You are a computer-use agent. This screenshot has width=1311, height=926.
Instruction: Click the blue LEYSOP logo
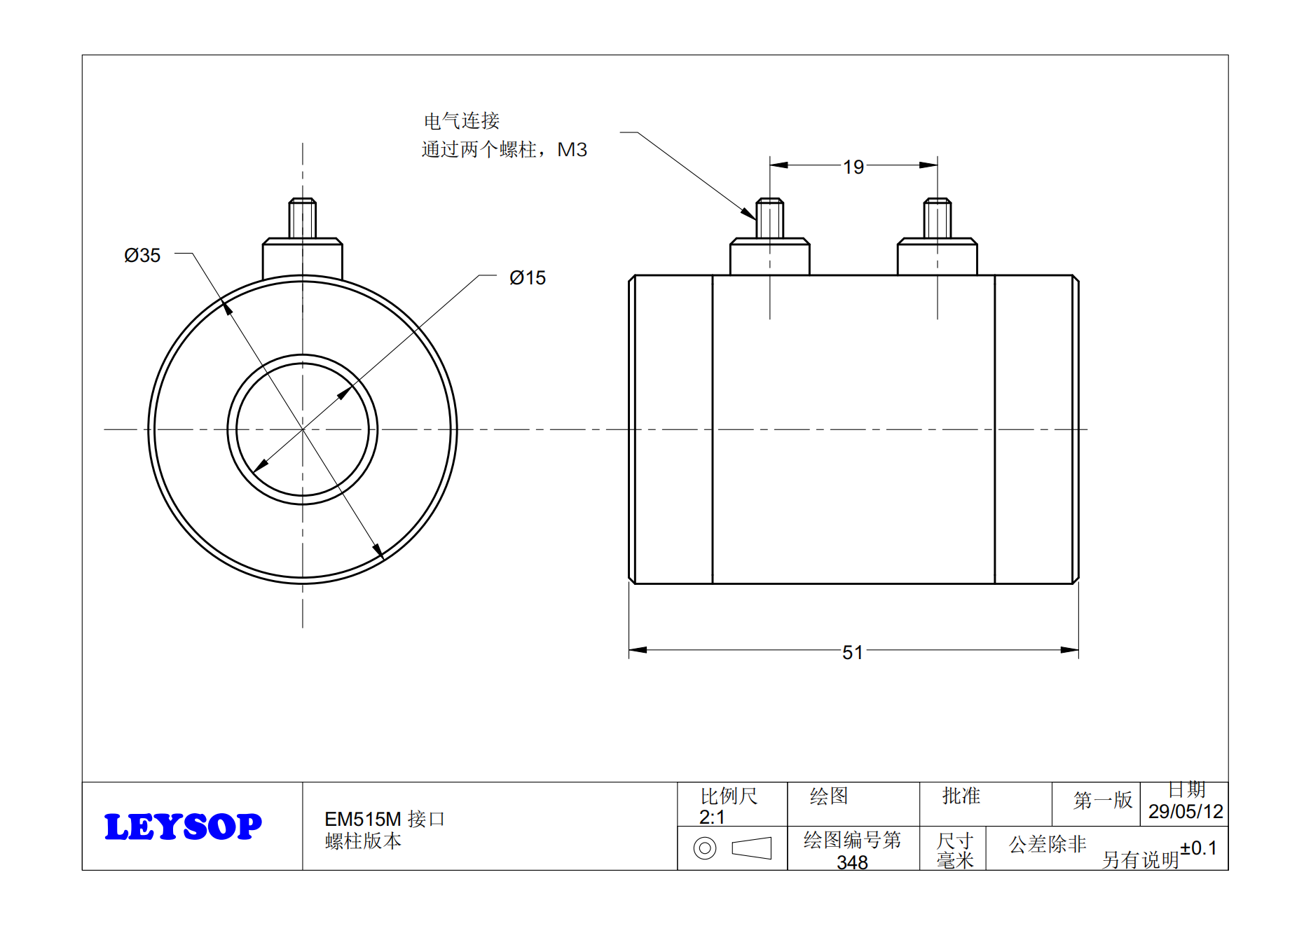183,827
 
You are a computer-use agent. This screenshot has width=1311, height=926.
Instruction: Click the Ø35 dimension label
142,256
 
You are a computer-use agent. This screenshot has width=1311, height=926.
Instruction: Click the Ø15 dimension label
527,278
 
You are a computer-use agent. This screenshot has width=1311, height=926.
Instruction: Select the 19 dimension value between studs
853,167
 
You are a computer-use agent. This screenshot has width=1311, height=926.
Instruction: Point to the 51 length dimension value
852,653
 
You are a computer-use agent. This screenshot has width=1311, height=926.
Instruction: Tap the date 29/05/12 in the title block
1185,812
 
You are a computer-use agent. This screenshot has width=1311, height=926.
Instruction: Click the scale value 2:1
711,817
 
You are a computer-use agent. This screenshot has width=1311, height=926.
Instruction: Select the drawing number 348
852,862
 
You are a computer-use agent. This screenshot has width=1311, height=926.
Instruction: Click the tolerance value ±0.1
1198,848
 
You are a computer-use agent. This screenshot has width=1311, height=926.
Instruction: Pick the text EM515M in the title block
362,819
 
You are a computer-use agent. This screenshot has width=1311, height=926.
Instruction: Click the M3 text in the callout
572,150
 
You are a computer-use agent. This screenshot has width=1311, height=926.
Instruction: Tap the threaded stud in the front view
303,218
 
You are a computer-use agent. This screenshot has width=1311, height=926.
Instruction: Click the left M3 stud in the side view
769,218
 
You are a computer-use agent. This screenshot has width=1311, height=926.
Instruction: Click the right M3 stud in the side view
937,218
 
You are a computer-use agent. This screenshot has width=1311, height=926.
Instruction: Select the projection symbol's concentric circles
704,848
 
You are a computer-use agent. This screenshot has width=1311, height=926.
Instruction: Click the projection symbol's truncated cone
751,848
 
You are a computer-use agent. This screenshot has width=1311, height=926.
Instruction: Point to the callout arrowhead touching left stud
749,214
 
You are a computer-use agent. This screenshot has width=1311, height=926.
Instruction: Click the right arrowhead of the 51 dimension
1069,650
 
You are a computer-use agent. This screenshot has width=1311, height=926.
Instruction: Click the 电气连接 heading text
461,121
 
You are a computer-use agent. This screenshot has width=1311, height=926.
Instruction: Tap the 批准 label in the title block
961,796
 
